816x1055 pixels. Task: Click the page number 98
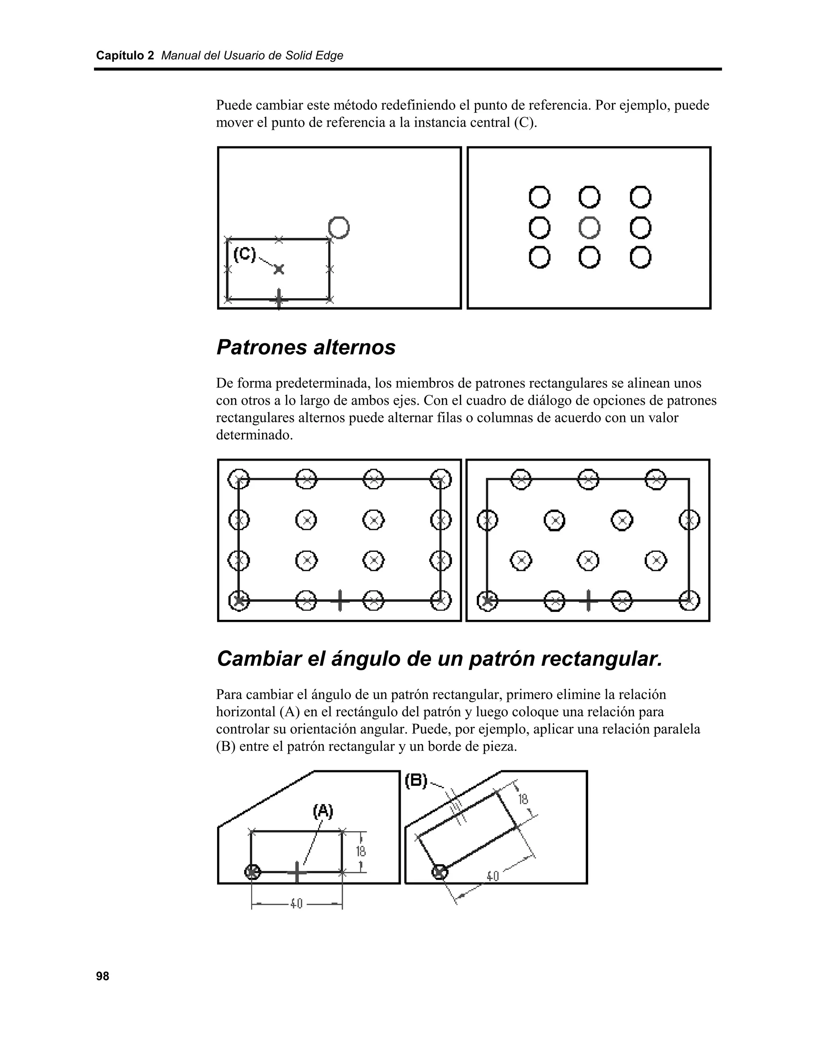[x=102, y=976]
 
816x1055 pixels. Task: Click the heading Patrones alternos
[x=306, y=347]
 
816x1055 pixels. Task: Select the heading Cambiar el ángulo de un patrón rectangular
[x=439, y=659]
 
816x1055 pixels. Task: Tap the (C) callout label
[x=245, y=254]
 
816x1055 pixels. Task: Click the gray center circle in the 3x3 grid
[x=589, y=227]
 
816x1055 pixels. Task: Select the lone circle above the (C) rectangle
[x=339, y=227]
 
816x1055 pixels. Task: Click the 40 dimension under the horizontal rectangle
[x=296, y=903]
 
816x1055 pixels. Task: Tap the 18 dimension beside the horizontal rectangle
[x=361, y=851]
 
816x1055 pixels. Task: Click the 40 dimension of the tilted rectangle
[x=492, y=876]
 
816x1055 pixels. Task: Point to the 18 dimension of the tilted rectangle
[x=524, y=799]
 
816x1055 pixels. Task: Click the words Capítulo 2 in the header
[x=125, y=56]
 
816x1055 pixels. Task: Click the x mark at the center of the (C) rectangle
[x=279, y=269]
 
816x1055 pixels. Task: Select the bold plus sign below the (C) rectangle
[x=279, y=299]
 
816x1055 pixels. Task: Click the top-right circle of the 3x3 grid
[x=641, y=197]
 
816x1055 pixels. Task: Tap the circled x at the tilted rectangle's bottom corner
[x=439, y=872]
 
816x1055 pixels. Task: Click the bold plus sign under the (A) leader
[x=297, y=871]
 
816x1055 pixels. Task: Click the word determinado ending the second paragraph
[x=254, y=435]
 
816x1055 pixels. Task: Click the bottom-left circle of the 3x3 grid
[x=539, y=258]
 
